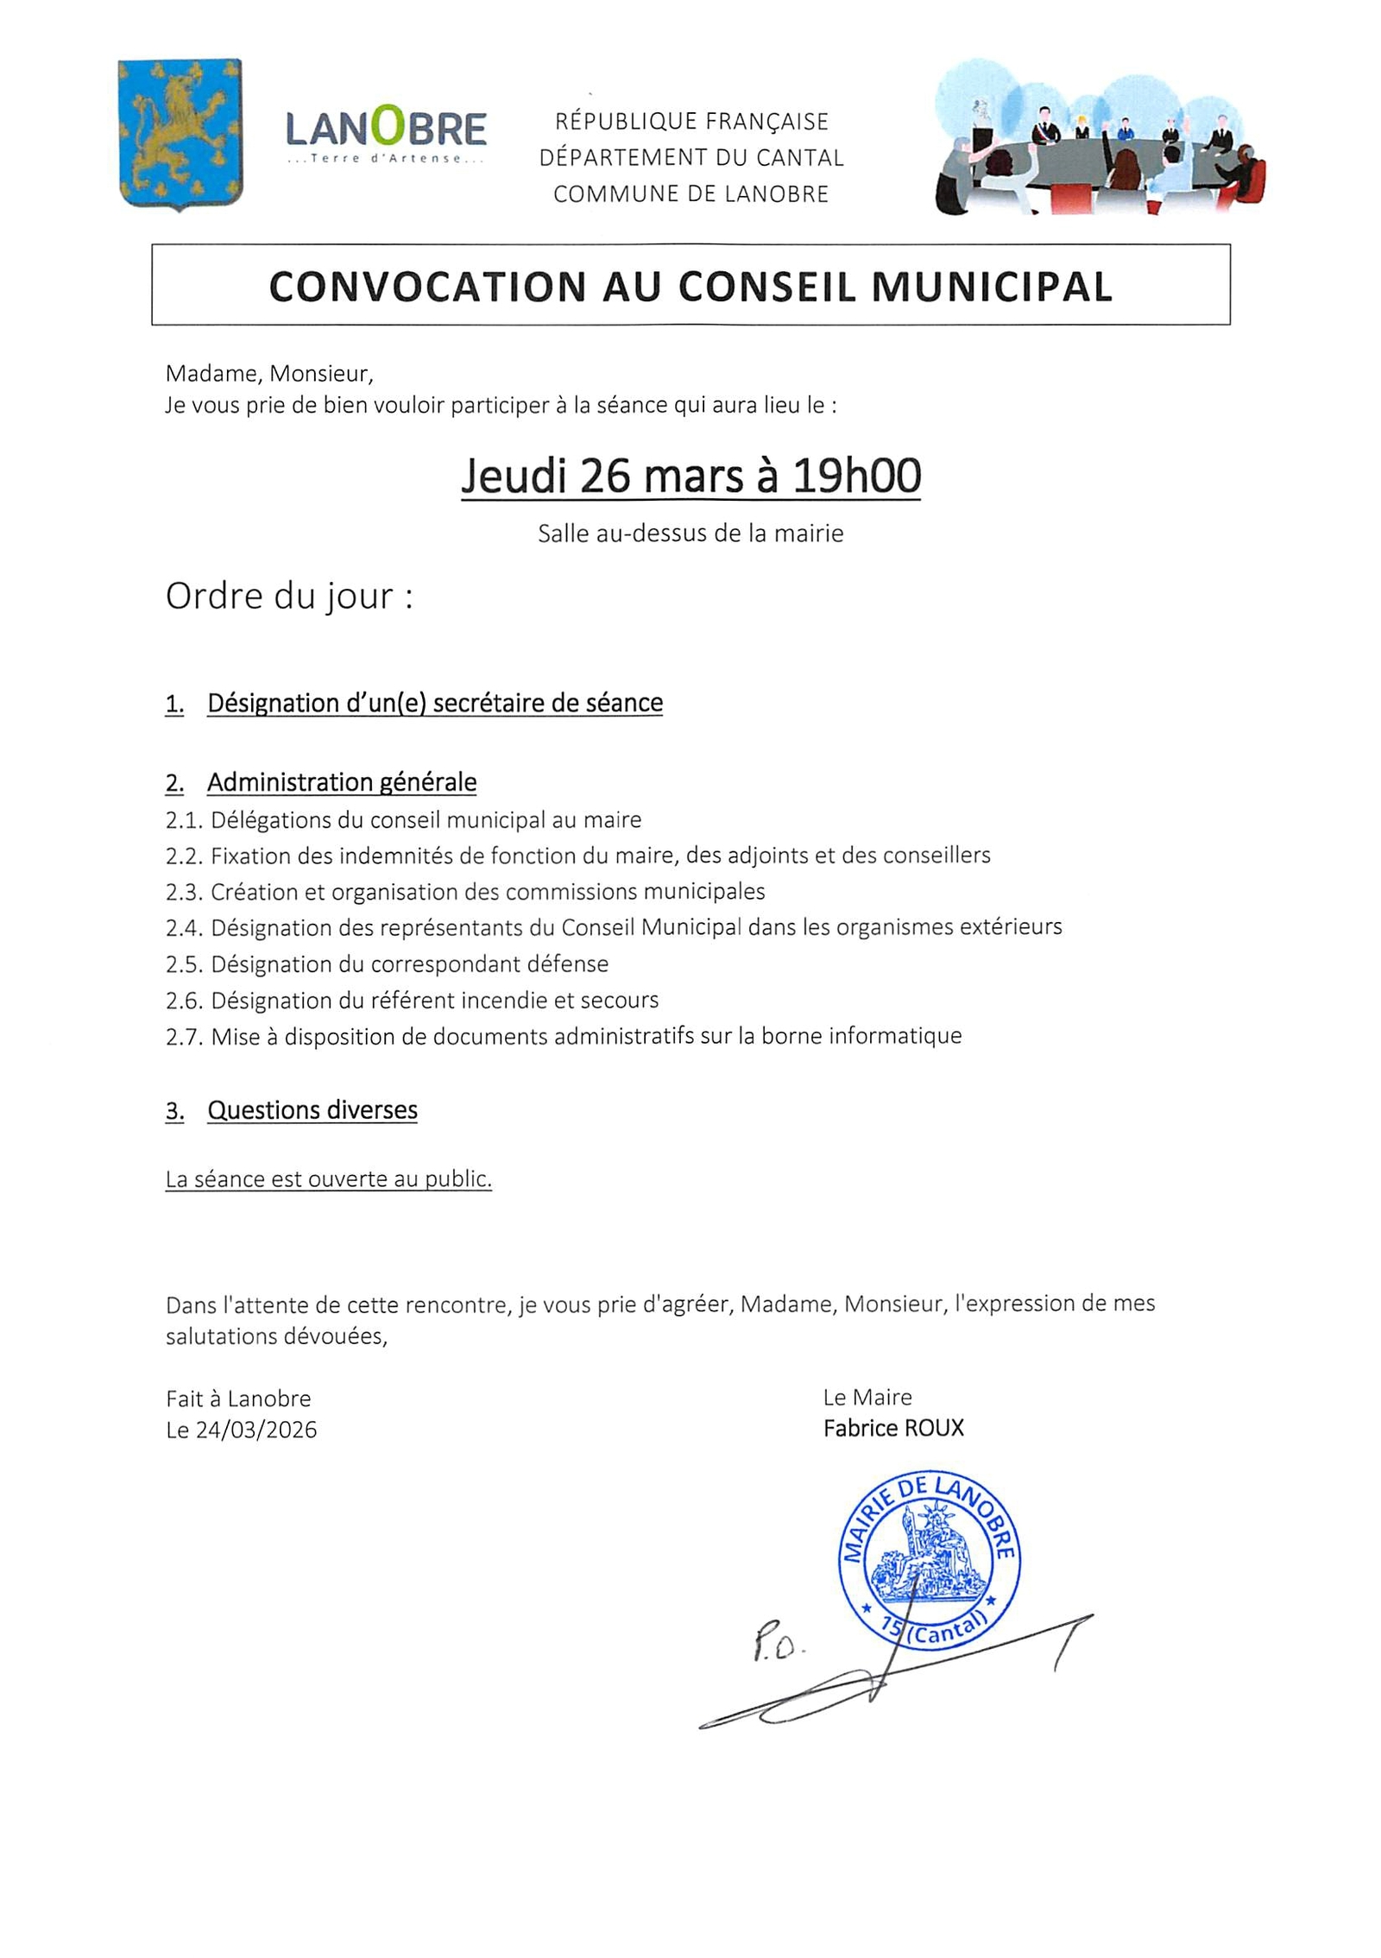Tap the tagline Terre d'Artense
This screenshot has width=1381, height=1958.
click(x=386, y=159)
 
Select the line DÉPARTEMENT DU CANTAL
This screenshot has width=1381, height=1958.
click(x=690, y=158)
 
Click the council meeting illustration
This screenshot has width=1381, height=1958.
click(x=1099, y=138)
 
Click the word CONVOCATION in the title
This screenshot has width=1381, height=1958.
click(x=427, y=287)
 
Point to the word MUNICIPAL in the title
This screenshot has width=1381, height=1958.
click(x=992, y=287)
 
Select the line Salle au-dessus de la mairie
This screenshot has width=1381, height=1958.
click(x=690, y=534)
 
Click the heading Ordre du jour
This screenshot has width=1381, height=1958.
click(x=289, y=597)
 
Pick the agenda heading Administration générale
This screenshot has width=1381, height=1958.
click(x=342, y=782)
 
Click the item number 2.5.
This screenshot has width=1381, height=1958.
click(x=183, y=964)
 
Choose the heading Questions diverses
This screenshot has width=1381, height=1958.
click(x=312, y=1110)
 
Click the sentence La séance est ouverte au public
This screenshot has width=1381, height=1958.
click(x=328, y=1179)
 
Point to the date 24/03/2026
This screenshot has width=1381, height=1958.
click(x=256, y=1431)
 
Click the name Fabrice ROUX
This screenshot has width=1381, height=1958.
click(x=893, y=1429)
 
